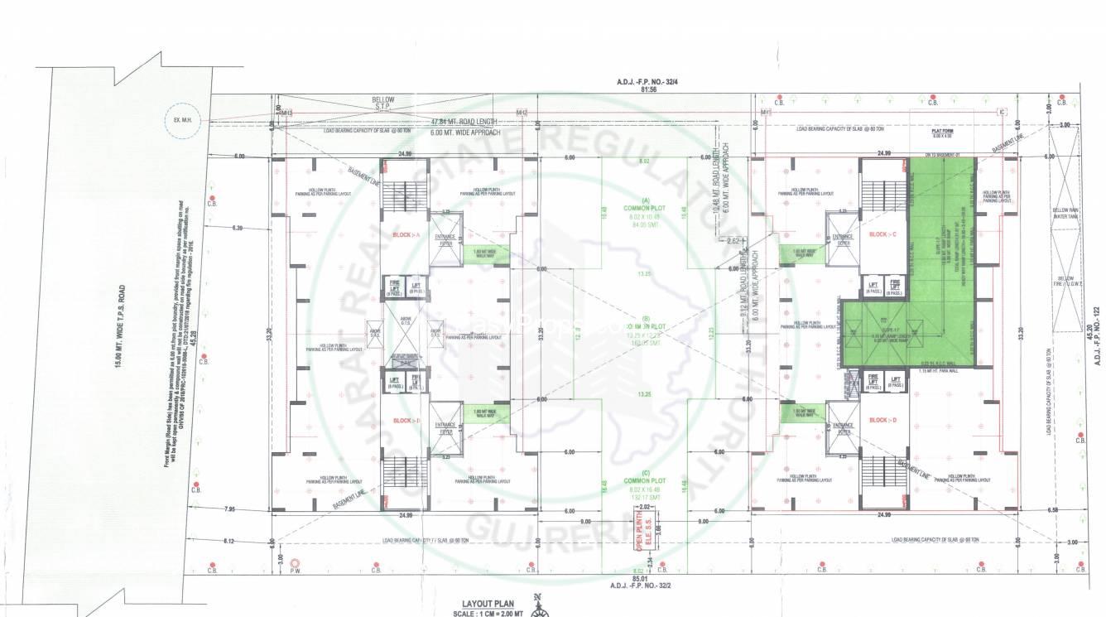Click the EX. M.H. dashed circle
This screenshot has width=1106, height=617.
pos(177,119)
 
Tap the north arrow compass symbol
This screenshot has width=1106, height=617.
pos(540,606)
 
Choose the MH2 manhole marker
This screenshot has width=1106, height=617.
pos(522,113)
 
